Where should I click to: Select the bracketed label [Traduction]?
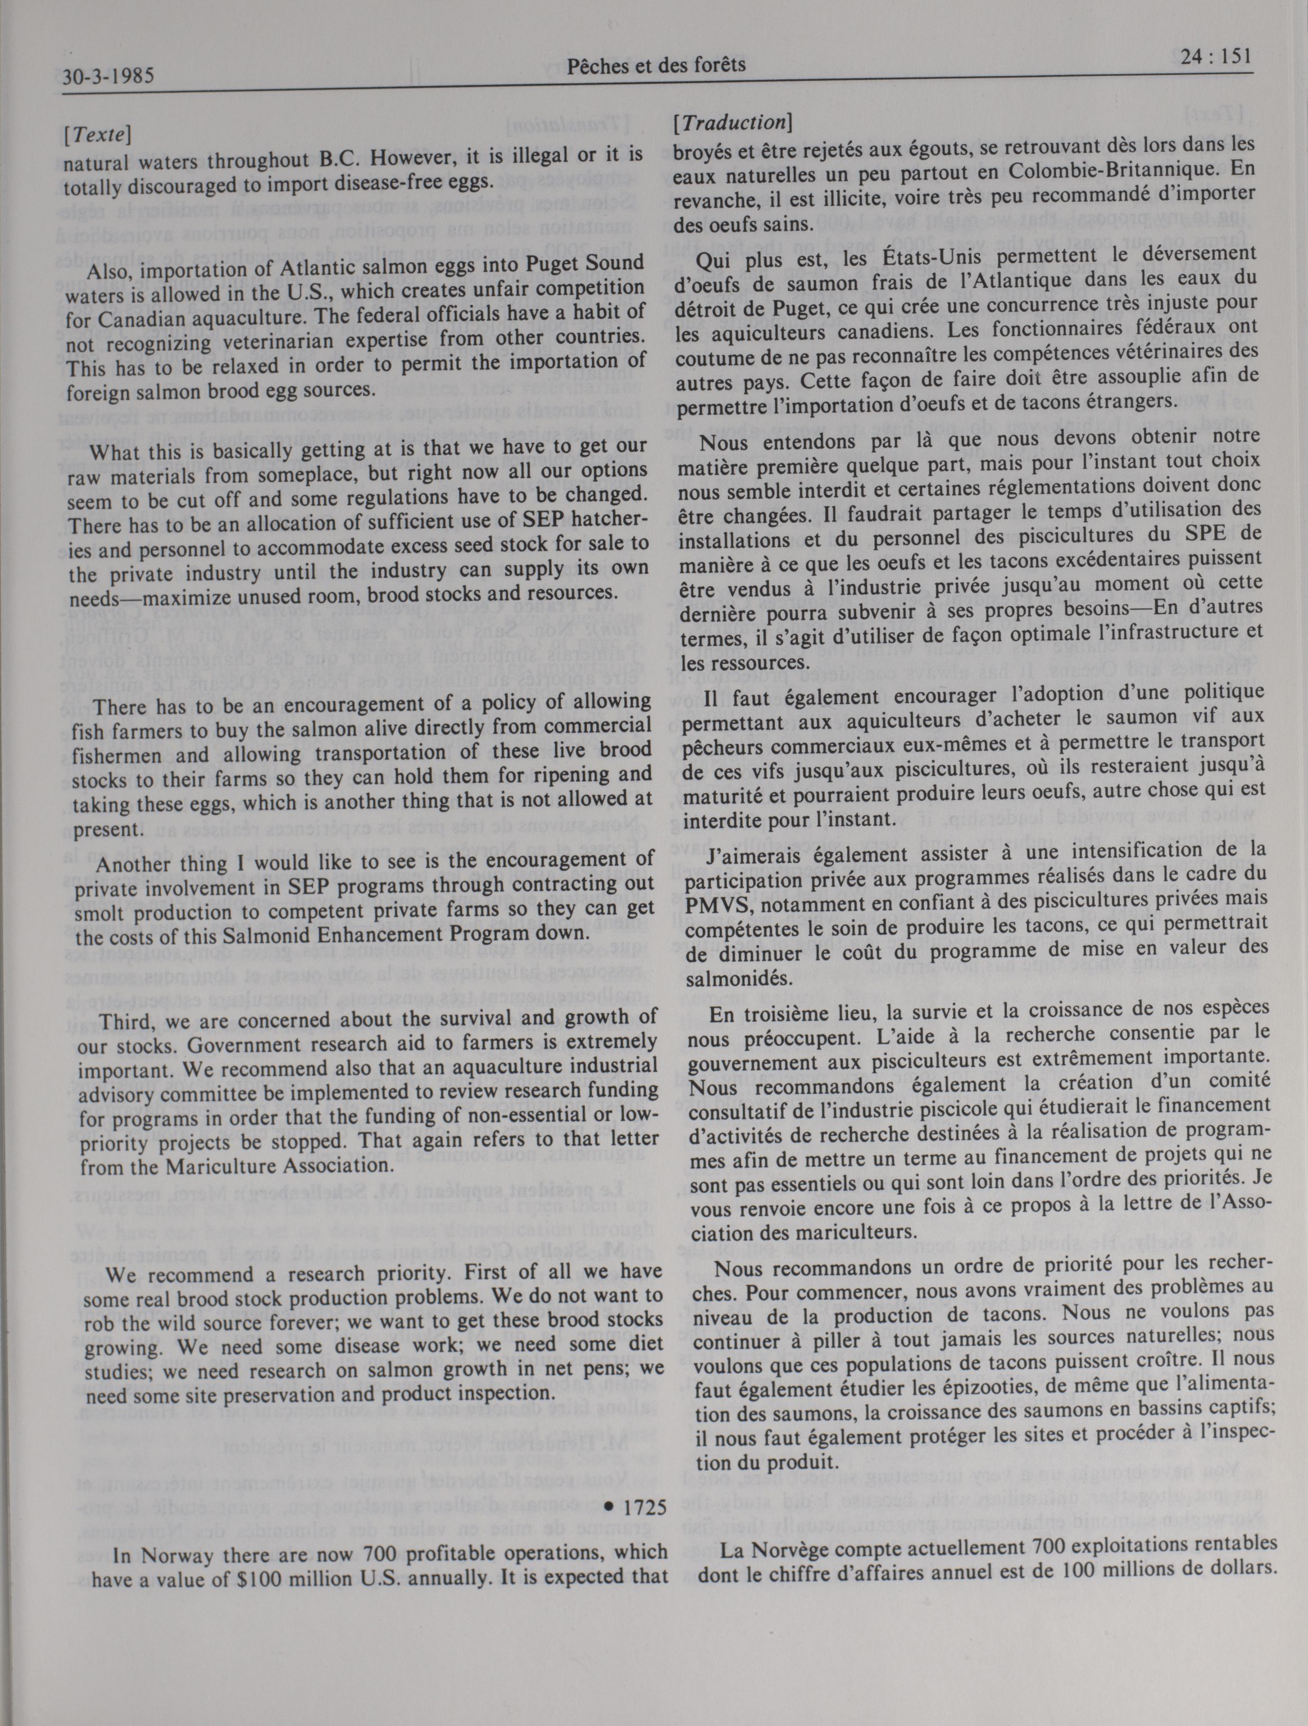pos(733,122)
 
